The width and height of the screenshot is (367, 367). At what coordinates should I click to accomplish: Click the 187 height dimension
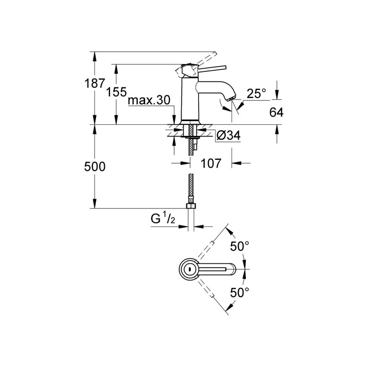pyautogui.click(x=95, y=83)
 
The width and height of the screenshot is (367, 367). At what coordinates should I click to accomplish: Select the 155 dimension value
pyautogui.click(x=116, y=92)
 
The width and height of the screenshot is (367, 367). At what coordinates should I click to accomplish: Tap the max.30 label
pyautogui.click(x=149, y=100)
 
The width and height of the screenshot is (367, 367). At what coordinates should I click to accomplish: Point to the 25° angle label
pyautogui.click(x=256, y=93)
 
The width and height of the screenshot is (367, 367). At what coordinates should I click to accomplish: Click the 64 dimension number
pyautogui.click(x=276, y=113)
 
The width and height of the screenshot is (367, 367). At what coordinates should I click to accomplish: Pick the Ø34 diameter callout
pyautogui.click(x=228, y=135)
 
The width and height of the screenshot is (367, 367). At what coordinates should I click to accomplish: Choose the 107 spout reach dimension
pyautogui.click(x=211, y=163)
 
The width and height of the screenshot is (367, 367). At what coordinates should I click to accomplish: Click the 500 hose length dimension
pyautogui.click(x=95, y=167)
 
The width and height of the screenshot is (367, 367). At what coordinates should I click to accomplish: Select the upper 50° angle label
pyautogui.click(x=239, y=246)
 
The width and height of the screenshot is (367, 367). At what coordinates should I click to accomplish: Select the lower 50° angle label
pyautogui.click(x=239, y=292)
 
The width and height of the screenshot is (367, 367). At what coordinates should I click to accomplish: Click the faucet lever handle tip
pyautogui.click(x=225, y=67)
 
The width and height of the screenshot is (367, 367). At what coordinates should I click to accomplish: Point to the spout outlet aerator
pyautogui.click(x=232, y=98)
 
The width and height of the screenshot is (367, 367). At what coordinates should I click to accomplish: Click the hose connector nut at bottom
pyautogui.click(x=191, y=206)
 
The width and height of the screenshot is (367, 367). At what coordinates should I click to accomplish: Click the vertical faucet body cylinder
pyautogui.click(x=190, y=99)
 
